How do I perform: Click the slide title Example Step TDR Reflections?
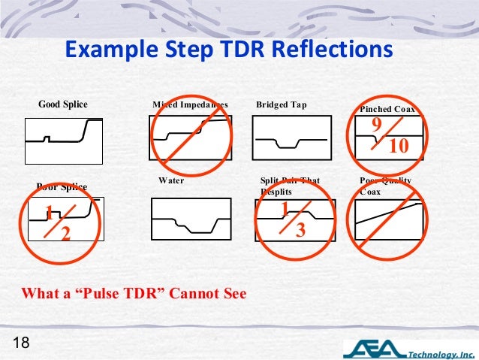(x=228, y=51)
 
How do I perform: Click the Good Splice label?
(x=63, y=104)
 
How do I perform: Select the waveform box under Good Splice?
(x=63, y=140)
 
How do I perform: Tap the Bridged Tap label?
(x=282, y=104)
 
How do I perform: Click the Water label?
(x=171, y=181)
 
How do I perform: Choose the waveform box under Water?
(x=191, y=219)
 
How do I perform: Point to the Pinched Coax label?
(x=387, y=110)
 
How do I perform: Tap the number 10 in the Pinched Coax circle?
(x=398, y=146)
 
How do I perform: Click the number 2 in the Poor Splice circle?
(x=65, y=234)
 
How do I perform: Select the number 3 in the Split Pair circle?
(x=300, y=230)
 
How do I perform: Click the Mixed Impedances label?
(x=190, y=104)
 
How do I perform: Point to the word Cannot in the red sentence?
(x=194, y=292)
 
